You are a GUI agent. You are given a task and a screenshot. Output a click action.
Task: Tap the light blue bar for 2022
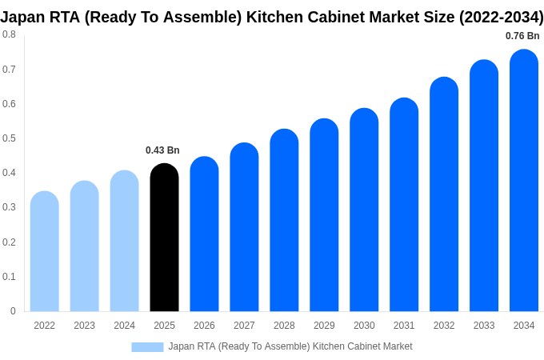pos(45,251)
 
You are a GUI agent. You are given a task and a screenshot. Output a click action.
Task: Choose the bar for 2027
pos(244,227)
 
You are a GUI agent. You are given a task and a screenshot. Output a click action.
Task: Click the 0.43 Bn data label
pos(162,150)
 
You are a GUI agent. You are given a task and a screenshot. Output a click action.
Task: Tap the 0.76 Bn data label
pos(522,36)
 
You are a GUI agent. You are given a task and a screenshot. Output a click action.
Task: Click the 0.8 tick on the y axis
pos(9,34)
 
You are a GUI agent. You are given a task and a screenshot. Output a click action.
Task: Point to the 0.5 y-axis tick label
pos(9,138)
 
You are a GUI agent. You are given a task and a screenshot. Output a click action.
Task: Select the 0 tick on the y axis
pos(13,311)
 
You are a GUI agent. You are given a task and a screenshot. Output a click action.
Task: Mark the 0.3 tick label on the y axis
pos(9,207)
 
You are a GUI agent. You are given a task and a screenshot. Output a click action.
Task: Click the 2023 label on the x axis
pos(84,326)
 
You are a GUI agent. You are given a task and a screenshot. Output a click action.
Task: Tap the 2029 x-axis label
pos(324,326)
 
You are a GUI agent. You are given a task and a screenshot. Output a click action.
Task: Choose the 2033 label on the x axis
pos(484,326)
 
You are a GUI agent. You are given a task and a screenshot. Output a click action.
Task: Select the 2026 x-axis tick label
pos(204,326)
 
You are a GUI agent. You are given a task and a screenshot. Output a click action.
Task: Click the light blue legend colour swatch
pos(147,346)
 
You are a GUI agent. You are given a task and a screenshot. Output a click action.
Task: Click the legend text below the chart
pos(290,346)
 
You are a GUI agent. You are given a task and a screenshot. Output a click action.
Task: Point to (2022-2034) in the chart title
pos(501,17)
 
